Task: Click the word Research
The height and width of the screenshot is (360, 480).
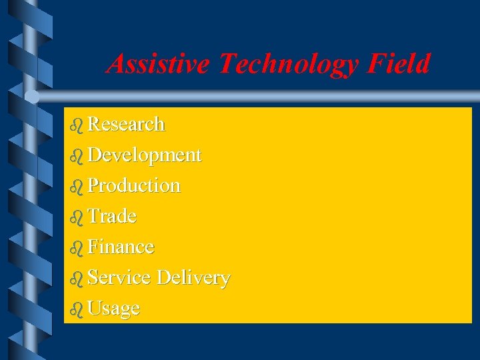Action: click(127, 124)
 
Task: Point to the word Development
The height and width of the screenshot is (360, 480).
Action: click(145, 155)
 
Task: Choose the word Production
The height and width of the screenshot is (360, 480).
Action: click(134, 185)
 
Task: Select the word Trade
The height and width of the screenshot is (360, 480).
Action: click(112, 216)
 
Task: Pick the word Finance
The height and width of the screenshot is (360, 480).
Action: click(121, 247)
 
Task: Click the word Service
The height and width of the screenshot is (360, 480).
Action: click(119, 277)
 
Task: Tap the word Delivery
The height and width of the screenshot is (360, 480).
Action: click(194, 277)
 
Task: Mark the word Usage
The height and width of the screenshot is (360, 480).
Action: click(114, 309)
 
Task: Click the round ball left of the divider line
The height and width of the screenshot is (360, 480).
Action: click(32, 96)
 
